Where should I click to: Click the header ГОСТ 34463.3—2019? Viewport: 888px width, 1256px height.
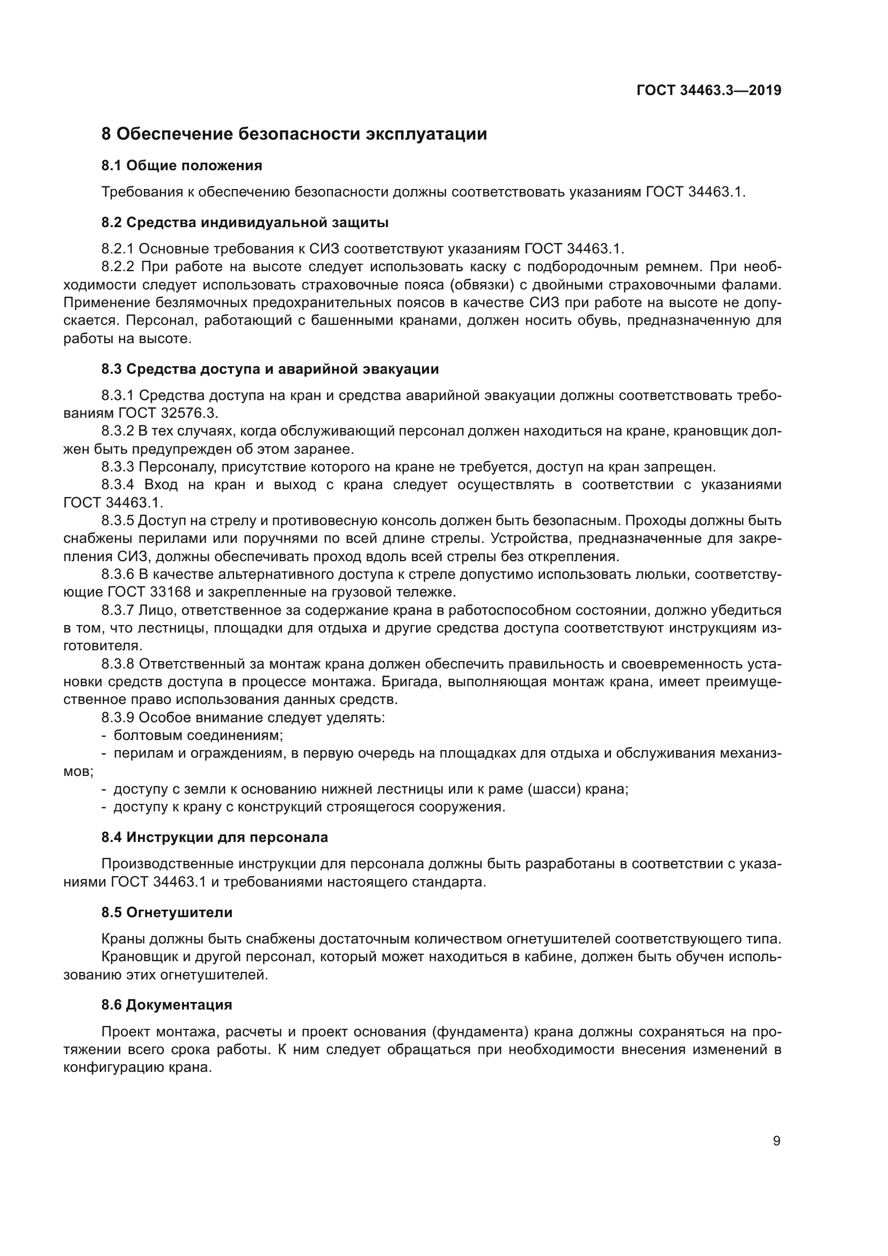tap(709, 91)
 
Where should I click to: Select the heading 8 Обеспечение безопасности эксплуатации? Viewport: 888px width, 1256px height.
tap(294, 134)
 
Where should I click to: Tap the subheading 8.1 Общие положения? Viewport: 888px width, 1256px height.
tap(181, 166)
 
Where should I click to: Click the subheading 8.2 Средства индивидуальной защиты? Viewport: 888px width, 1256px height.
tap(244, 223)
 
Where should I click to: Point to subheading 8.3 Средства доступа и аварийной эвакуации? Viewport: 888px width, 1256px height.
tap(270, 369)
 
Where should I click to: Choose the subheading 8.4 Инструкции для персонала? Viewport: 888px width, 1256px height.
tap(214, 838)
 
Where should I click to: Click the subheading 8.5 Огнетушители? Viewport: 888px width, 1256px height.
tap(167, 912)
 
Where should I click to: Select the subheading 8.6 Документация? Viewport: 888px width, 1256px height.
tap(167, 1005)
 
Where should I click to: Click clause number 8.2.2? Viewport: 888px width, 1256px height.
tap(118, 267)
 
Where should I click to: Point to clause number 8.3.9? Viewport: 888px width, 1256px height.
tap(118, 718)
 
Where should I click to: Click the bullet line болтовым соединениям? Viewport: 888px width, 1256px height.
tap(198, 736)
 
